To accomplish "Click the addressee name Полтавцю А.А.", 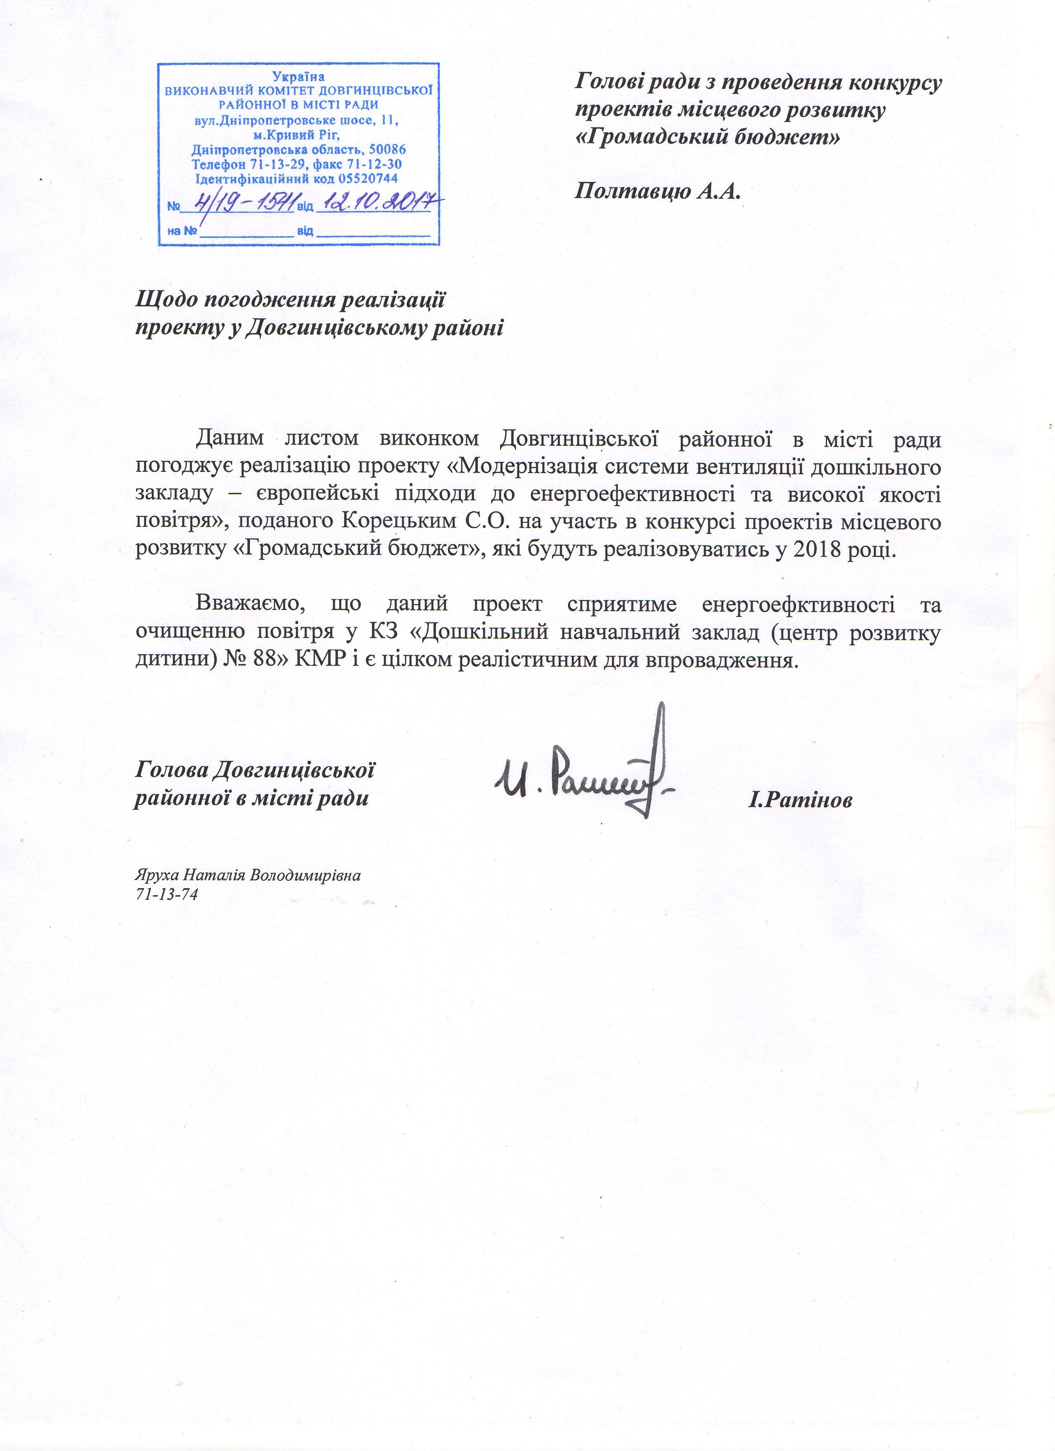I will [x=657, y=191].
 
